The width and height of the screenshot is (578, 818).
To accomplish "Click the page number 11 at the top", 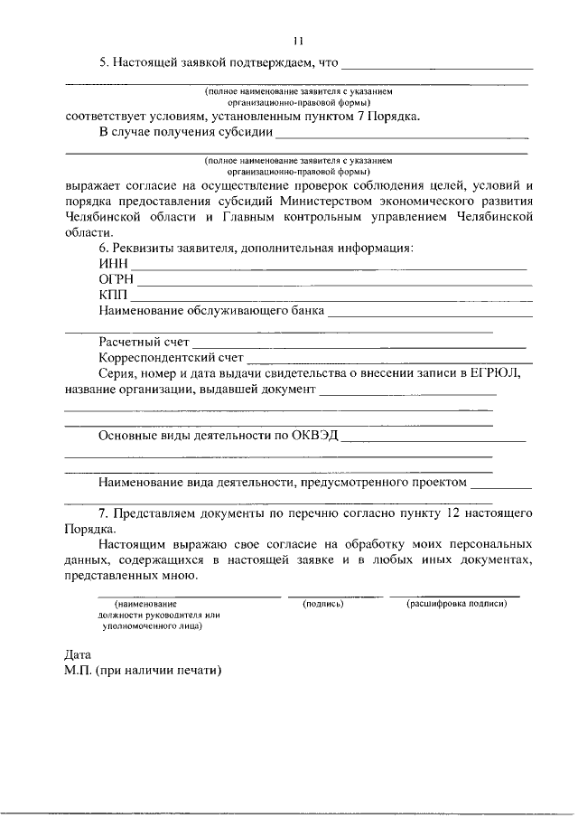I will coord(299,40).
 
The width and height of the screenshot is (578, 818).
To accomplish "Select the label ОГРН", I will coord(117,279).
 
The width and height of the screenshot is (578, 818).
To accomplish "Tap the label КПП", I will coord(114,296).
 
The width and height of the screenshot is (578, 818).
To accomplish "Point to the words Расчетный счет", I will coord(144,342).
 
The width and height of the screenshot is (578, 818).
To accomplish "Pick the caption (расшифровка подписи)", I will coord(456,603).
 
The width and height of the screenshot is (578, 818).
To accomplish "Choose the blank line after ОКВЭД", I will coord(433,440).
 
